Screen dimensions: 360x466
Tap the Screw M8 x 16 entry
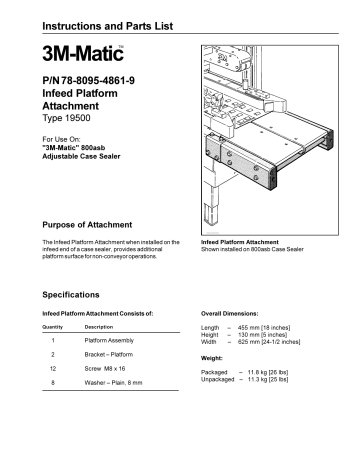108,368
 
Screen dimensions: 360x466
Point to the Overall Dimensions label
236,314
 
